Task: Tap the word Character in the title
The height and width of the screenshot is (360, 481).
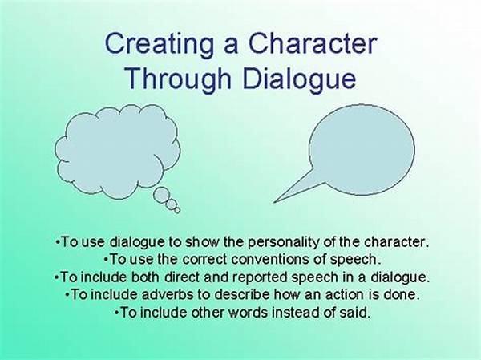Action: (x=313, y=43)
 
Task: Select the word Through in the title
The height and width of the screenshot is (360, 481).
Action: (x=178, y=78)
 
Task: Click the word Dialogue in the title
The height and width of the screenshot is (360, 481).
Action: (x=299, y=78)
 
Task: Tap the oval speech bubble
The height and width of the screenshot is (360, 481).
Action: (x=362, y=150)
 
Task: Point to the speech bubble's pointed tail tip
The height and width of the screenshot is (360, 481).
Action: (x=274, y=202)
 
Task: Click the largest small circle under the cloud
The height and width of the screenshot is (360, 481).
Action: (x=161, y=195)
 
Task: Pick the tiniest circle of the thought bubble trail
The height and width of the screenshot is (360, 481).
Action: (x=177, y=210)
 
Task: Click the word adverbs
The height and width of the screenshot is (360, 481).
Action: (x=168, y=294)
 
